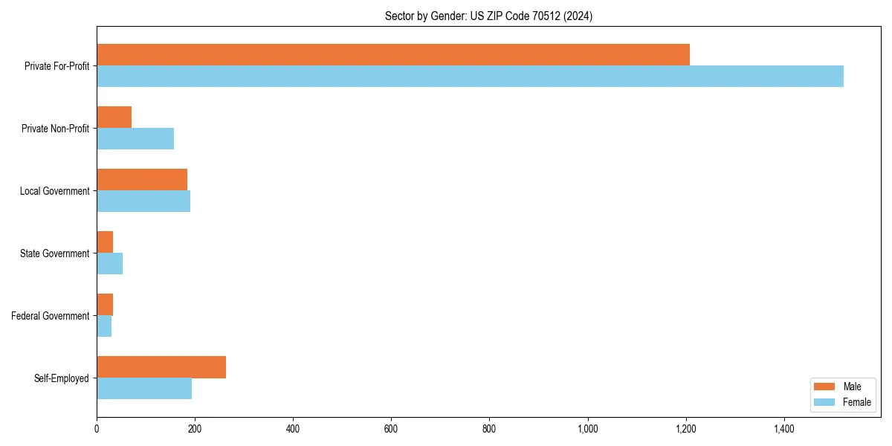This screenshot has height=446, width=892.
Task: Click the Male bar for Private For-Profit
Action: tap(392, 55)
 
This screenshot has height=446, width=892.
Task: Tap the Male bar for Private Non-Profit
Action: tap(114, 117)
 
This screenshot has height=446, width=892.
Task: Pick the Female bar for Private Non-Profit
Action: tap(135, 139)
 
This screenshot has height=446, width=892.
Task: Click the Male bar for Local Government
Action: tap(142, 180)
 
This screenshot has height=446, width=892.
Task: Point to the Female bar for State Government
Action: tap(109, 264)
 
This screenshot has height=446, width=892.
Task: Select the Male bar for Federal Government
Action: tap(105, 305)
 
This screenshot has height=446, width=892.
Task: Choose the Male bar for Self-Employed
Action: tap(161, 367)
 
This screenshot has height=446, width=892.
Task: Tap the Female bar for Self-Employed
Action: tap(144, 389)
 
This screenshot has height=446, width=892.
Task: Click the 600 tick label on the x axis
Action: tap(391, 429)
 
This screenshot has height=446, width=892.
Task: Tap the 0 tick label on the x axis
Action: tap(97, 429)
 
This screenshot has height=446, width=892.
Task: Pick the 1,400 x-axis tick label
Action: tap(784, 429)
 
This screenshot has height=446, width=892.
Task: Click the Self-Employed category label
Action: tap(62, 378)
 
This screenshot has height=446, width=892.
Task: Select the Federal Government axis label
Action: tap(51, 316)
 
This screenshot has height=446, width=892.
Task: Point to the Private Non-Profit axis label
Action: tap(55, 129)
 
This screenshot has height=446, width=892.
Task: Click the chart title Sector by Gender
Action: tap(488, 16)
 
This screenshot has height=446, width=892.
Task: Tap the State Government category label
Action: tap(55, 253)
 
